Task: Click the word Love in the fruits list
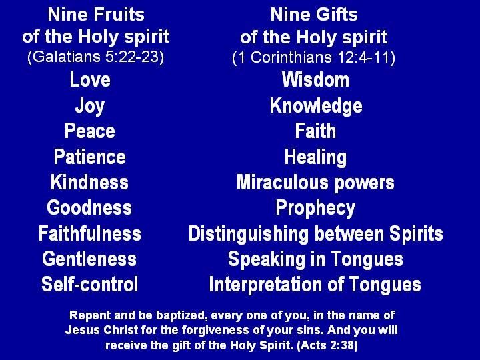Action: [90, 79]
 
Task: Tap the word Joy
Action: [90, 106]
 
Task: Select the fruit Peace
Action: [90, 131]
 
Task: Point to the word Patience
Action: [90, 157]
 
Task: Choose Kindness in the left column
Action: [89, 182]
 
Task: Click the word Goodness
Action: [89, 207]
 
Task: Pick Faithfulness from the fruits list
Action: [90, 233]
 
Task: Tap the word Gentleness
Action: [89, 259]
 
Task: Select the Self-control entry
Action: [90, 284]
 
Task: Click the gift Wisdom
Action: [315, 79]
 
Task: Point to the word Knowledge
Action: [316, 106]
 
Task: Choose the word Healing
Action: [315, 157]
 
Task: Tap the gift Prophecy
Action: [315, 209]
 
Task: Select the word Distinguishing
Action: [248, 235]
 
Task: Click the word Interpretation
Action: [265, 285]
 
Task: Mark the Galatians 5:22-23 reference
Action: [96, 57]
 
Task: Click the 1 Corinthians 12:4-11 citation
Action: [313, 57]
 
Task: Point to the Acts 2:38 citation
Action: [327, 345]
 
